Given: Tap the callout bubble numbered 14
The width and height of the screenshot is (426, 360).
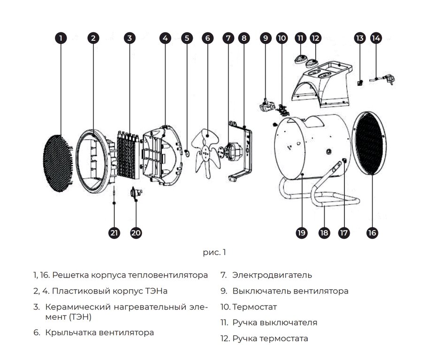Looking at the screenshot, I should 376,38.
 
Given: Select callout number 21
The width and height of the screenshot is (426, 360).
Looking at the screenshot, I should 114,233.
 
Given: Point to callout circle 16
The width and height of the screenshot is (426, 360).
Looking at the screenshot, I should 372,233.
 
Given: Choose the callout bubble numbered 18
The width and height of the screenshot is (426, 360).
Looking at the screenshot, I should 324,233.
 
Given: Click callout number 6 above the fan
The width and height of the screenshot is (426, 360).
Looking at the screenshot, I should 207,38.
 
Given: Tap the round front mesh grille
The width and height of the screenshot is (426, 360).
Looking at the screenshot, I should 58,165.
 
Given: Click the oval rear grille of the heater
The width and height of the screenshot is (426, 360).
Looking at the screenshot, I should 370,143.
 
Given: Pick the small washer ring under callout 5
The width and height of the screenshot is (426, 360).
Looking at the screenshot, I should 187,152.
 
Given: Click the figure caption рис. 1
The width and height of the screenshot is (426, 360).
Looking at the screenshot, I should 214,253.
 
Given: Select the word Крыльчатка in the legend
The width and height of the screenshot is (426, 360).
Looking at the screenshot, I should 70,333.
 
